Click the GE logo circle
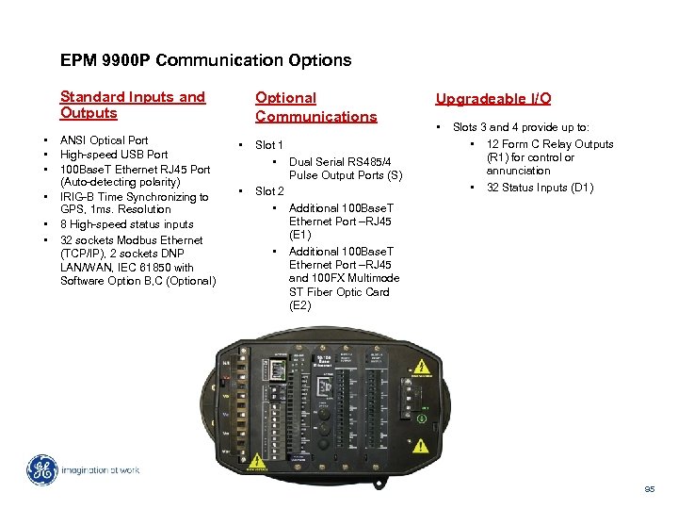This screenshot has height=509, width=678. click(42, 469)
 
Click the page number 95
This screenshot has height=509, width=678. click(649, 488)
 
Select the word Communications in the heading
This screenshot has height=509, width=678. click(315, 117)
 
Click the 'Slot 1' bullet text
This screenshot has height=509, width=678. click(269, 145)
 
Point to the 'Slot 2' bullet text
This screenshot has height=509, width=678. click(269, 191)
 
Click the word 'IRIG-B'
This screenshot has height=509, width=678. click(77, 197)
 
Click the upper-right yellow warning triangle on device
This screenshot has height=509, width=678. click(423, 367)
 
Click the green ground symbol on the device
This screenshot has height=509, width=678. click(423, 409)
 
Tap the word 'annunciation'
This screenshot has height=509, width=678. click(518, 171)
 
